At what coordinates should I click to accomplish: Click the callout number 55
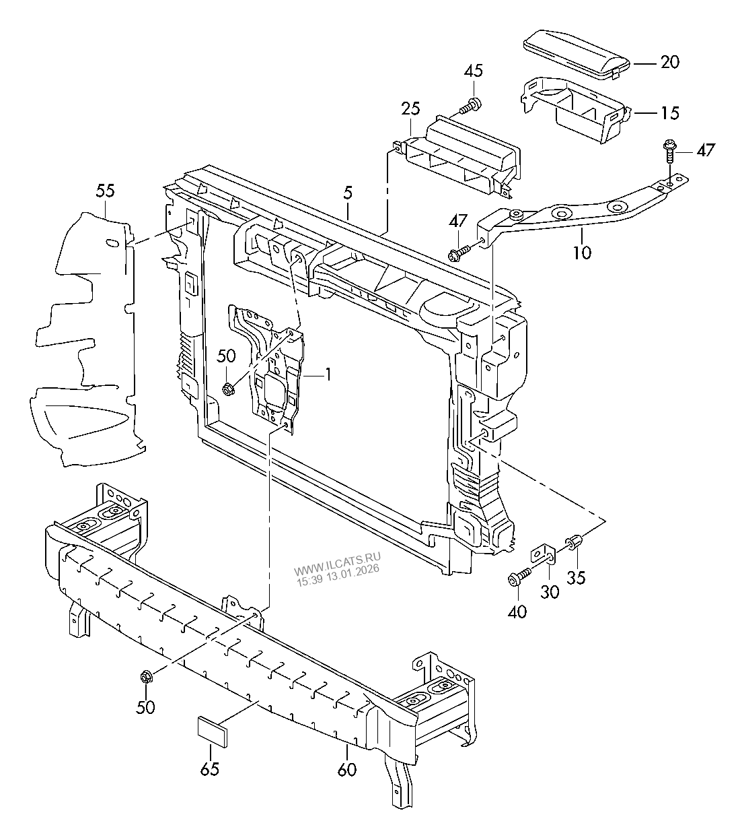[105, 191]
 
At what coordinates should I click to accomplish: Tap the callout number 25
[410, 108]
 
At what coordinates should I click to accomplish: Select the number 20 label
[669, 63]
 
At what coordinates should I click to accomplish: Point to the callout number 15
[669, 112]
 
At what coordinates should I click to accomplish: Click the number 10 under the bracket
[583, 253]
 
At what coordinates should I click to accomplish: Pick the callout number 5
[347, 193]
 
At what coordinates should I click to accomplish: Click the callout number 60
[347, 768]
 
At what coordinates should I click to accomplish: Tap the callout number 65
[210, 768]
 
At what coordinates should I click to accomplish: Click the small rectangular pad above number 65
[211, 731]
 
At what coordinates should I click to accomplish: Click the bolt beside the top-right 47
[671, 152]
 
